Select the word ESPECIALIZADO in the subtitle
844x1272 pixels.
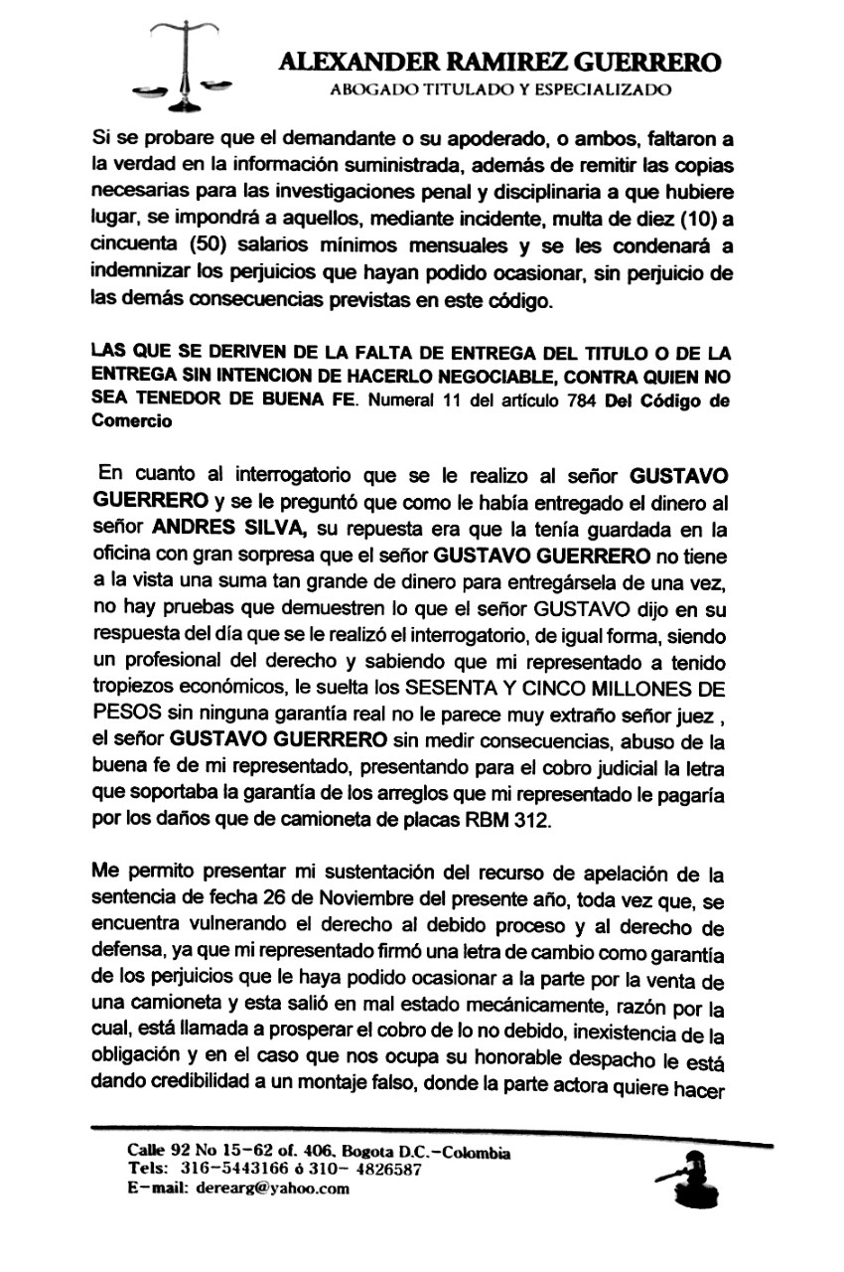tap(608, 90)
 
